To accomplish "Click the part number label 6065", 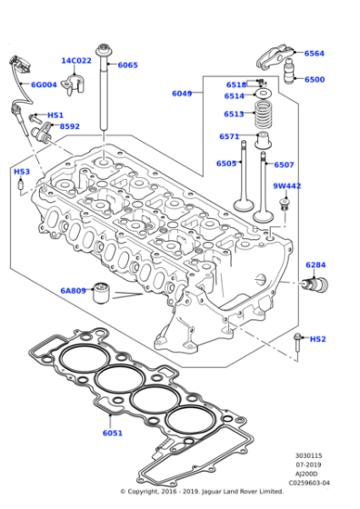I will click(x=127, y=65).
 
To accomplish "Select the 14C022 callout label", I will click(x=76, y=61).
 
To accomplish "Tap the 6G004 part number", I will click(x=44, y=85).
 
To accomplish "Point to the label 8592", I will click(x=70, y=126).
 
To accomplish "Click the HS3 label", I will click(x=21, y=171).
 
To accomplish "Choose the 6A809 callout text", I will click(x=73, y=291).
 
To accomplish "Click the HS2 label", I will click(x=317, y=339).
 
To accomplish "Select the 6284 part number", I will click(x=315, y=264).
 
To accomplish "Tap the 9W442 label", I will click(x=287, y=186).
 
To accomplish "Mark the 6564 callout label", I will click(x=315, y=54).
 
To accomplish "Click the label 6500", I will click(x=315, y=79).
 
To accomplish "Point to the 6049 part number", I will click(x=183, y=93).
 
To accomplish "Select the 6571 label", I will click(x=229, y=136).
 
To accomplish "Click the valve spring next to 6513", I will click(x=263, y=115).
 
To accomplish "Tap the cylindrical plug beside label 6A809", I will click(x=104, y=292).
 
